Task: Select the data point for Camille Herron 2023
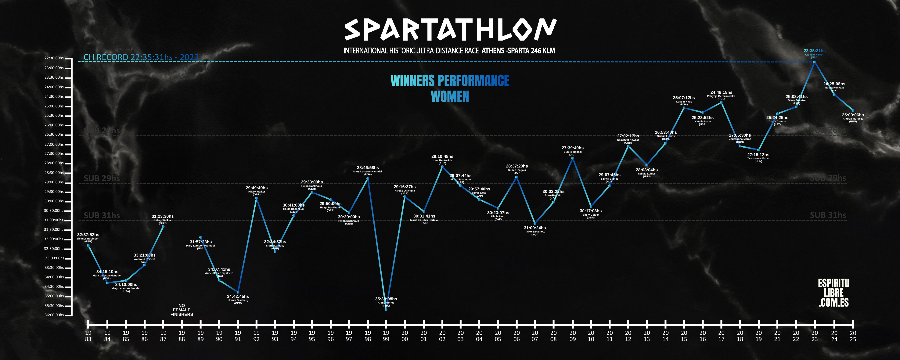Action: (x=814, y=62)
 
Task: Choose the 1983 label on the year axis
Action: (x=88, y=336)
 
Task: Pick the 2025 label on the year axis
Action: (x=853, y=336)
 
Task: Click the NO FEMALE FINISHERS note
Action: (x=182, y=310)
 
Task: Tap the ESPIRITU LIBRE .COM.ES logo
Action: (x=834, y=293)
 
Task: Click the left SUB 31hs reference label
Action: (x=102, y=215)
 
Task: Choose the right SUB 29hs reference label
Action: (x=828, y=178)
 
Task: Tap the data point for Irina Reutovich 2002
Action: (x=442, y=167)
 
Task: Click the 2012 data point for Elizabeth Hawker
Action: (x=628, y=146)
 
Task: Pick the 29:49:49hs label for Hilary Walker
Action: (x=256, y=188)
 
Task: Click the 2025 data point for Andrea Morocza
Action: (x=853, y=110)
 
